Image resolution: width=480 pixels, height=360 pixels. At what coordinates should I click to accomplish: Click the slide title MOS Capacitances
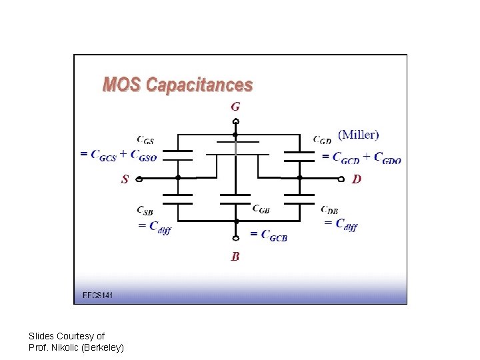(x=177, y=85)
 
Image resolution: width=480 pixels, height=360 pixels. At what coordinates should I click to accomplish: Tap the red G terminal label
(x=235, y=106)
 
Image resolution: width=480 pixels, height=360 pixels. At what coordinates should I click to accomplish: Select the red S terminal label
(x=125, y=179)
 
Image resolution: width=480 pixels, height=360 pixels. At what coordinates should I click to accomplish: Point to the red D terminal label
(x=357, y=179)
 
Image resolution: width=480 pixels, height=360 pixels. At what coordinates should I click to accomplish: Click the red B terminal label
(x=235, y=256)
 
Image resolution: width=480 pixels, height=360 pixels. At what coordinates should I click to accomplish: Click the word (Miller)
(x=359, y=135)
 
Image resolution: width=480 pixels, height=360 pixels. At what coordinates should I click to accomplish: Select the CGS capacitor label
(x=145, y=140)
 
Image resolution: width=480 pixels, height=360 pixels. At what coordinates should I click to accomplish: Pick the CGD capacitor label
(x=323, y=140)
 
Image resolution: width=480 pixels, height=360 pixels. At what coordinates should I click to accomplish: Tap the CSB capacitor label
(x=145, y=211)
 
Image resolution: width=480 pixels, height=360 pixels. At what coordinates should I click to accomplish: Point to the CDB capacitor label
(x=329, y=210)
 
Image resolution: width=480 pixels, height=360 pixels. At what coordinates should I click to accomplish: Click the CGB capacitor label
(x=261, y=208)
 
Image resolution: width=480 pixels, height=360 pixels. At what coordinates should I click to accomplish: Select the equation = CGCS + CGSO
(x=119, y=156)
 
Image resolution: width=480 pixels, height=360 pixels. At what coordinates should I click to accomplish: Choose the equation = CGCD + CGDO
(x=361, y=158)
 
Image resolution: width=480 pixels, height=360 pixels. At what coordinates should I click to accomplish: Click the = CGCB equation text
(x=269, y=234)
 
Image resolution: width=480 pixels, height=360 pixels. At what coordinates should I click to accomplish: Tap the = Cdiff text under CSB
(x=154, y=227)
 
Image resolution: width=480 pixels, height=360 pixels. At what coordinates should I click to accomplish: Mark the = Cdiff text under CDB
(x=341, y=224)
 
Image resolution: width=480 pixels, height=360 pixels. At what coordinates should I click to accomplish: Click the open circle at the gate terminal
(x=235, y=121)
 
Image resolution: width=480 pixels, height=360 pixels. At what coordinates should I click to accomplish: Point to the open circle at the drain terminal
(x=342, y=179)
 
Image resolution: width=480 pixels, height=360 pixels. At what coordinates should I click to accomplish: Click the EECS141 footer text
(x=97, y=295)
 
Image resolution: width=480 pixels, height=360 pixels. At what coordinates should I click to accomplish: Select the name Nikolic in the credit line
(x=67, y=347)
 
